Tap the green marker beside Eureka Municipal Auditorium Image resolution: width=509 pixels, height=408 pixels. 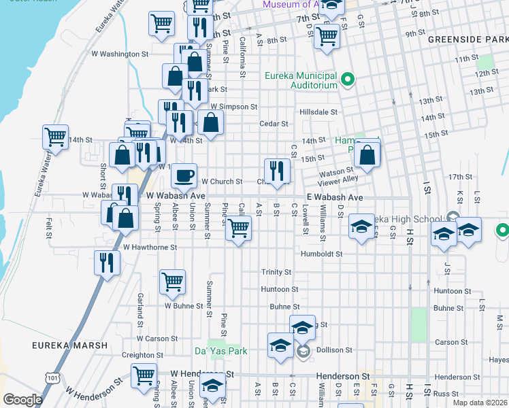(348, 80)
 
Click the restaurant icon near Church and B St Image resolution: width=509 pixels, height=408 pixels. (277, 170)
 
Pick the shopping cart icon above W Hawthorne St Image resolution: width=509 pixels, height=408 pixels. (237, 229)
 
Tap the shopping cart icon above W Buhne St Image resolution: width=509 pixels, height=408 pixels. (173, 282)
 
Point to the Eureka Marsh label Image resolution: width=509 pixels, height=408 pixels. (69, 345)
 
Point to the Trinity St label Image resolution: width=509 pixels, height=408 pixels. (276, 272)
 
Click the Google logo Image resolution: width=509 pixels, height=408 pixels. (22, 400)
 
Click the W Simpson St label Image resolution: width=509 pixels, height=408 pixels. (233, 107)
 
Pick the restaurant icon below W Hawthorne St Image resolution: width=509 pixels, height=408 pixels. (107, 262)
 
